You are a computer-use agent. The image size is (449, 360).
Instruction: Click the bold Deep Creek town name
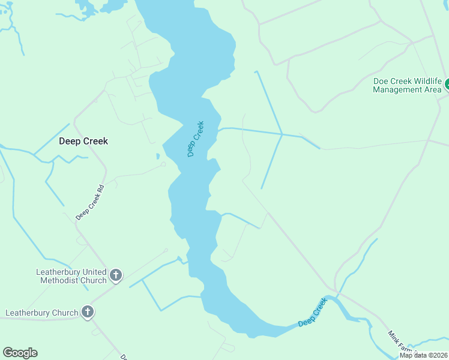tap(83, 142)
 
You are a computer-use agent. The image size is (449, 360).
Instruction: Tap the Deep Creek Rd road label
tap(90, 202)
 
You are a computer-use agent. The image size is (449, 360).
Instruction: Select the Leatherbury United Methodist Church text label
tap(71, 276)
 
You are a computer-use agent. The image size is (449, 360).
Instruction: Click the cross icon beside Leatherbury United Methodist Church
tap(116, 276)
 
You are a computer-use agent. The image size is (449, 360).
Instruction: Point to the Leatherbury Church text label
tap(42, 313)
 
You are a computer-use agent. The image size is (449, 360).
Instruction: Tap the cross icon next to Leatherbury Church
tap(88, 312)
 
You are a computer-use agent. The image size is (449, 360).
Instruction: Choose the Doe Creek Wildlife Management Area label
tap(407, 85)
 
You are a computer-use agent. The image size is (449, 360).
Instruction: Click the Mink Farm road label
tap(400, 343)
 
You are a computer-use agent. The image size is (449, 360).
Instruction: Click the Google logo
tap(20, 353)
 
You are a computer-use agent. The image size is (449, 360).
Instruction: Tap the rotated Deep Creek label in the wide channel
tap(196, 139)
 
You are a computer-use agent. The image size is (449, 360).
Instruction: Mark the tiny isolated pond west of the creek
tap(158, 157)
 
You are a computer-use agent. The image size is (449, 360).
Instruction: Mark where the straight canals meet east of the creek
tap(282, 134)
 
